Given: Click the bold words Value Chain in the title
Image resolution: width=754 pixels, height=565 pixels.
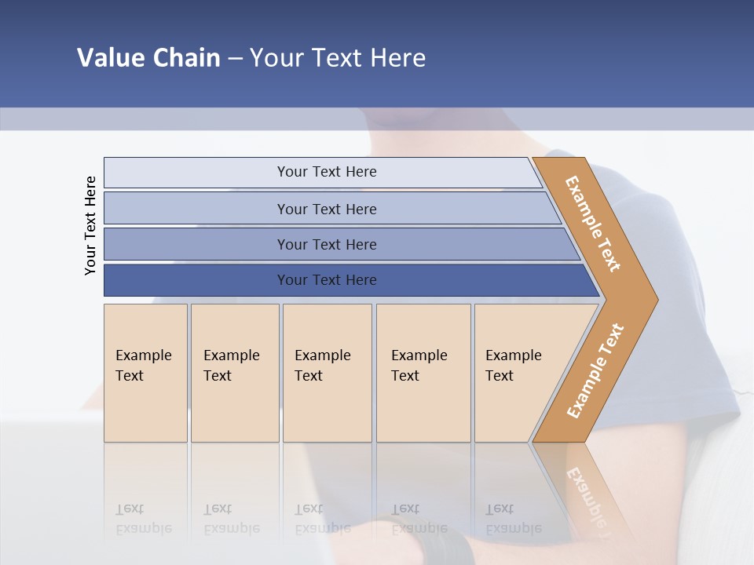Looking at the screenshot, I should click(x=148, y=58).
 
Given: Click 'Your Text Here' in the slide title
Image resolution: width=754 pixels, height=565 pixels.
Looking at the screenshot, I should click(x=338, y=58).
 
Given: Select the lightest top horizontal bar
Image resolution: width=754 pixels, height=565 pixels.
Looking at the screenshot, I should click(x=196, y=173).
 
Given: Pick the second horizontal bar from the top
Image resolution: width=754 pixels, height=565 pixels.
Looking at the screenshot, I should click(x=196, y=209).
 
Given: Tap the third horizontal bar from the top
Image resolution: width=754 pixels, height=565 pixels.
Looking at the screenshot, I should click(x=196, y=244).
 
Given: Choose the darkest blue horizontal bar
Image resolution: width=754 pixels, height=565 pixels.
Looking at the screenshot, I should click(x=196, y=280).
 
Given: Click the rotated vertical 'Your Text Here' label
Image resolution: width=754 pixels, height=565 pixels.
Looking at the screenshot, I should click(x=90, y=225).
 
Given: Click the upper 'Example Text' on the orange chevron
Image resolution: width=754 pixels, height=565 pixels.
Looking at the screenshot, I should click(x=593, y=224).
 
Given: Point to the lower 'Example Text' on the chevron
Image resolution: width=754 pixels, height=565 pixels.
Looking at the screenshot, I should click(x=595, y=371).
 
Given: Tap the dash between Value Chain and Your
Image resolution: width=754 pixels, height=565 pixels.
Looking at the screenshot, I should click(x=235, y=59).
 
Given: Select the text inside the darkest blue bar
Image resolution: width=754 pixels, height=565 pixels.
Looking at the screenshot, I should click(x=327, y=280).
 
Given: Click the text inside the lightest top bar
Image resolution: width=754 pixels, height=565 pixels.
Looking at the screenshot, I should click(x=327, y=172).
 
